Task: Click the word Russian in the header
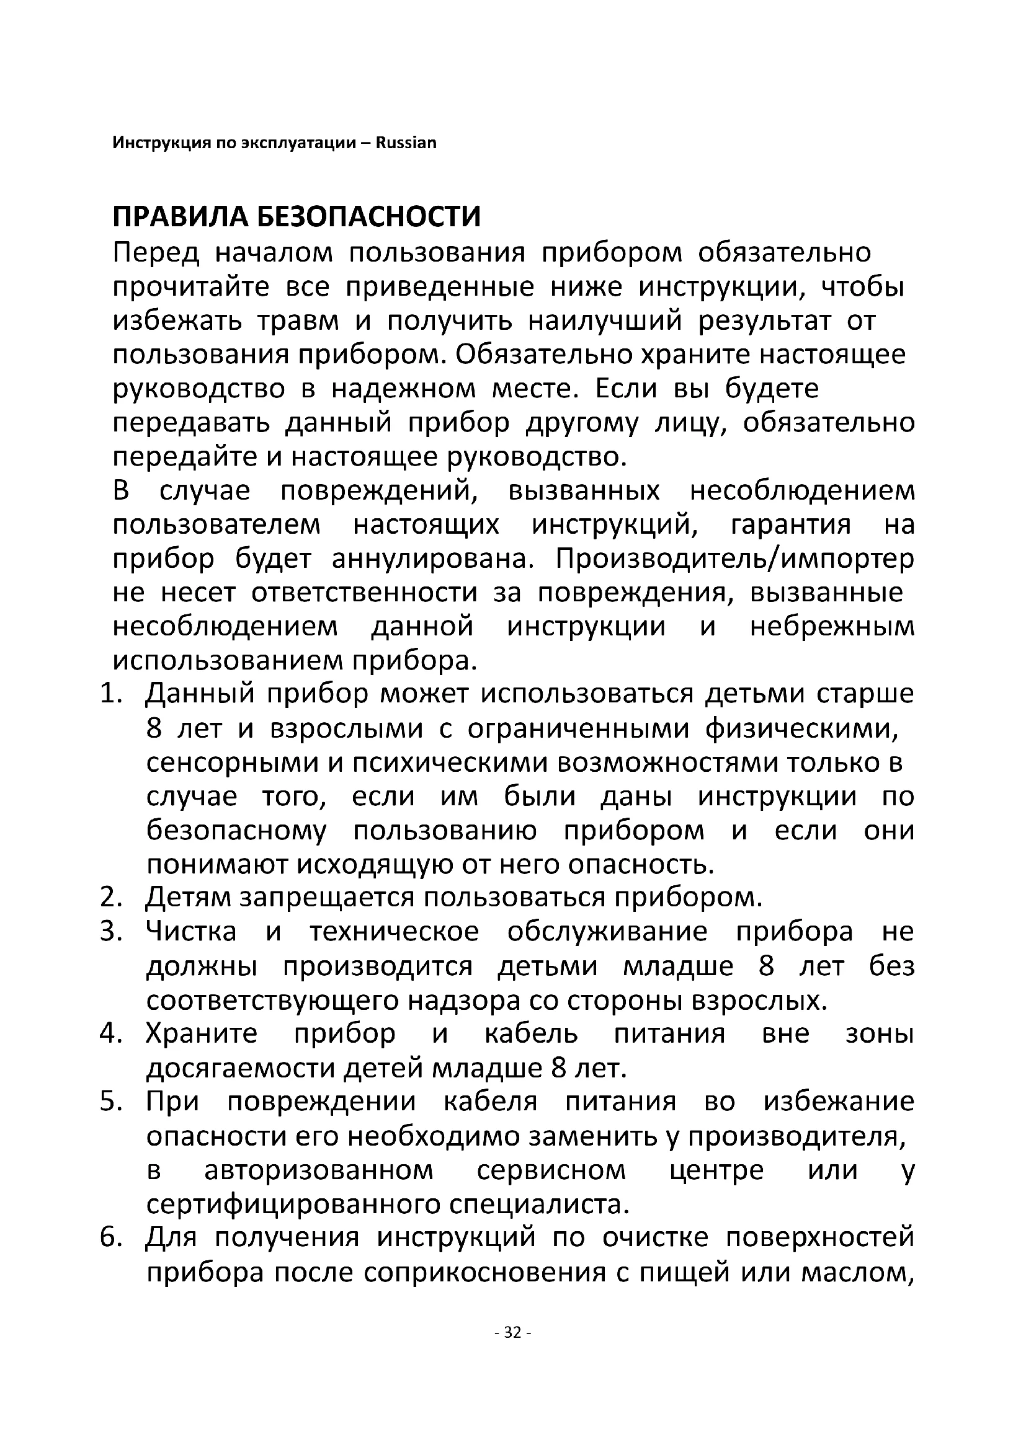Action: pos(406,143)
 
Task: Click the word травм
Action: pos(298,322)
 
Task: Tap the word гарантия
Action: pos(791,526)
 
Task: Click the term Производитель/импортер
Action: pos(734,560)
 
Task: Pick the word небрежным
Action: pos(832,628)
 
